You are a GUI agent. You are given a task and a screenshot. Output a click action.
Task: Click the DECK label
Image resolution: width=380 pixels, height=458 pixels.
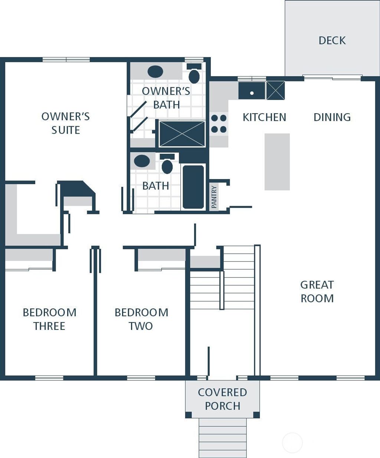[332, 40]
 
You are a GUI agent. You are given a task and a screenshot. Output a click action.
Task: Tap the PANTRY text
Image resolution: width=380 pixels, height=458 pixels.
[214, 197]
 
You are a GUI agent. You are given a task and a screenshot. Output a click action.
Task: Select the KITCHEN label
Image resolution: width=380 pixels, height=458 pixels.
[264, 117]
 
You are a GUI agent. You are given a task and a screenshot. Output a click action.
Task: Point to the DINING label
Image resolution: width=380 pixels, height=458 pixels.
[332, 117]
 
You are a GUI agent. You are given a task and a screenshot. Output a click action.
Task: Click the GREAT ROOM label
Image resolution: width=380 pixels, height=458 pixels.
[317, 292]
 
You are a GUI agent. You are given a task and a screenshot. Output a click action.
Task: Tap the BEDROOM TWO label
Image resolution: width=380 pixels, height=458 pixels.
[141, 319]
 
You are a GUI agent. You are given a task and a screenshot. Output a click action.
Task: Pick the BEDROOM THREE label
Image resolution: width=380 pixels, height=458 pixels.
[49, 319]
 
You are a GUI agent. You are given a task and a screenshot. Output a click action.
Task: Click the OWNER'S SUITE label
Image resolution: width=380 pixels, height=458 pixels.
[66, 123]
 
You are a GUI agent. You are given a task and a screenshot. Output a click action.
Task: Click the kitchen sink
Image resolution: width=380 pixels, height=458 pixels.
[252, 91]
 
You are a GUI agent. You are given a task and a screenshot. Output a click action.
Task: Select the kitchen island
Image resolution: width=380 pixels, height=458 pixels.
[277, 162]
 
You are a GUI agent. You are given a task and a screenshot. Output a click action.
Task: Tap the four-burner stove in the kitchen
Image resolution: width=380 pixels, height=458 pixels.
[219, 124]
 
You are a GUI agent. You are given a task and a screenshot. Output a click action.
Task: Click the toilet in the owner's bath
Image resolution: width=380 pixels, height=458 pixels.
[194, 74]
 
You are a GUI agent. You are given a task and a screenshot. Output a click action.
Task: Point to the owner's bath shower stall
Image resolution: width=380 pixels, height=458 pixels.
[182, 134]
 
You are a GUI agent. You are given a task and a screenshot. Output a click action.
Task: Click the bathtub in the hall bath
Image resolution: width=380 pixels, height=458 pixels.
[193, 187]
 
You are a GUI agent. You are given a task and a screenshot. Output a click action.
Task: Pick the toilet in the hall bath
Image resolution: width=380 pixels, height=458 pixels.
[167, 164]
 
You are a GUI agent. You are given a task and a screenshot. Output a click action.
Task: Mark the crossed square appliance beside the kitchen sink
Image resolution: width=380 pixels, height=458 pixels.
[275, 90]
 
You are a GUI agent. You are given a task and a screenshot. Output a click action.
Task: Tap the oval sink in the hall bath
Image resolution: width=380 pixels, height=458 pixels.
[142, 161]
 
